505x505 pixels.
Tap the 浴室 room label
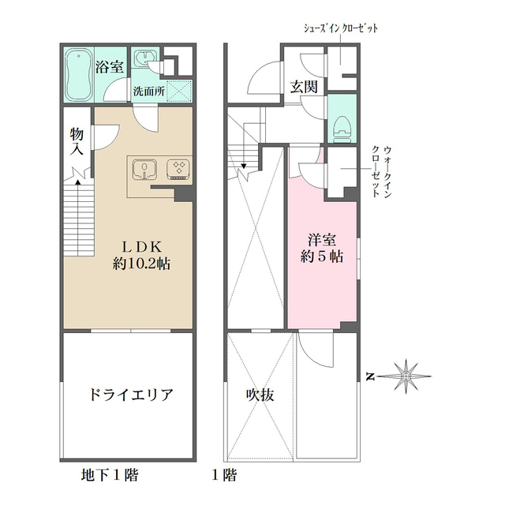[x=109, y=67]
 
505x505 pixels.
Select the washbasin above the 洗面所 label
[x=144, y=61]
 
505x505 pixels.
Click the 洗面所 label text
[x=148, y=91]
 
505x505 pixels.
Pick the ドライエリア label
[x=129, y=395]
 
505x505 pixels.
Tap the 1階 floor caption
[x=223, y=476]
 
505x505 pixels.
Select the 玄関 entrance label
[x=302, y=87]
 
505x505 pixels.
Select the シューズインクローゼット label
[x=341, y=28]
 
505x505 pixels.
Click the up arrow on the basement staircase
[x=77, y=183]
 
